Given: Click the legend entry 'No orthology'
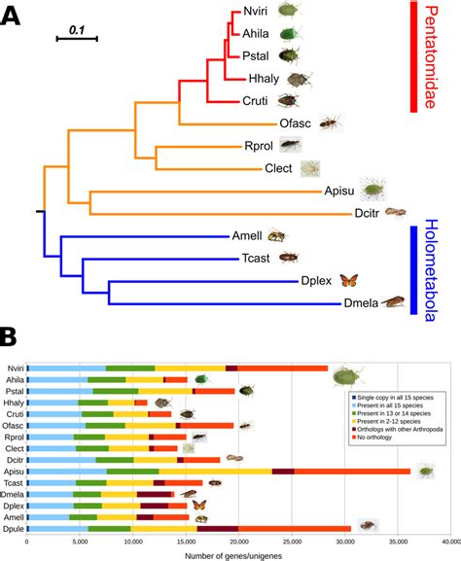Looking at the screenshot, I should coord(381,443).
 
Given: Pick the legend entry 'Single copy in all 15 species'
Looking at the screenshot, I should coord(397,399).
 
